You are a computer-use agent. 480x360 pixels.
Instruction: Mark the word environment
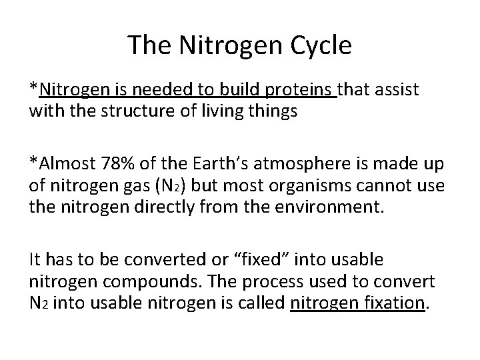coord(327,206)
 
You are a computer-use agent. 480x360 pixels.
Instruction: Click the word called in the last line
coord(265,302)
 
